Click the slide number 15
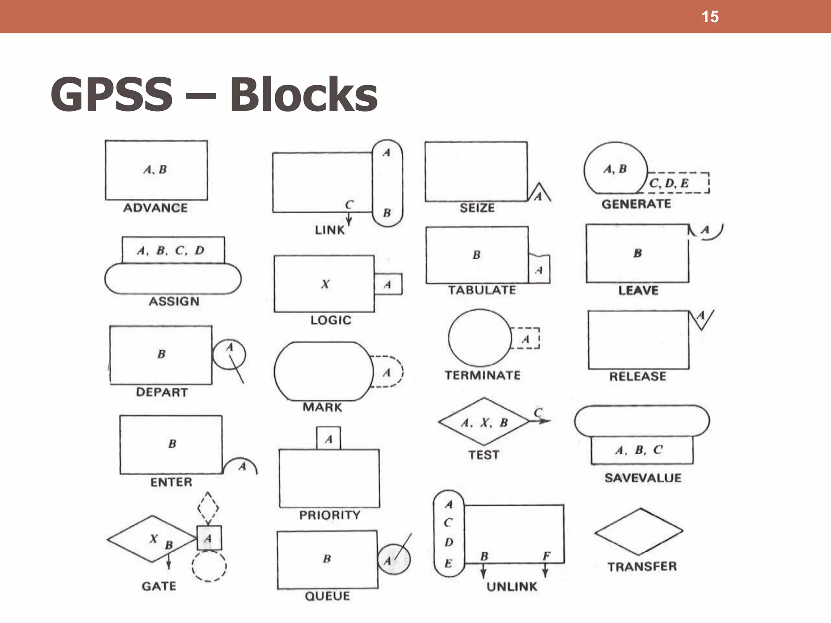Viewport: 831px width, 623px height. (710, 17)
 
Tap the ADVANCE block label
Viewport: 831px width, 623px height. (155, 208)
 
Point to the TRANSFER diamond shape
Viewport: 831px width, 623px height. (639, 531)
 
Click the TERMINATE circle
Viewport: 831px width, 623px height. (480, 338)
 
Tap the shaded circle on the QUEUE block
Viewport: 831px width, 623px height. (394, 559)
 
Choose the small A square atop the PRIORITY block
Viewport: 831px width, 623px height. (329, 438)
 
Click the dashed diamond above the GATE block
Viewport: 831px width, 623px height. (208, 508)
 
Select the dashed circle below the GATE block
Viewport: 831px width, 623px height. (209, 566)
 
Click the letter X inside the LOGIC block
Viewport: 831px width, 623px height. (325, 284)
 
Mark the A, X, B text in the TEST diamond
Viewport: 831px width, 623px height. (484, 423)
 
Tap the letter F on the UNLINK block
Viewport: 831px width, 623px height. (547, 556)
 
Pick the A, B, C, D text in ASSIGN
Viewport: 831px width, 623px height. (171, 250)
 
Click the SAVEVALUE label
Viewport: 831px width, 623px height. (643, 478)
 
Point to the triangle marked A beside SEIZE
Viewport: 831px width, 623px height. (539, 194)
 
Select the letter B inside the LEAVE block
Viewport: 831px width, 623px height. (637, 253)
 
